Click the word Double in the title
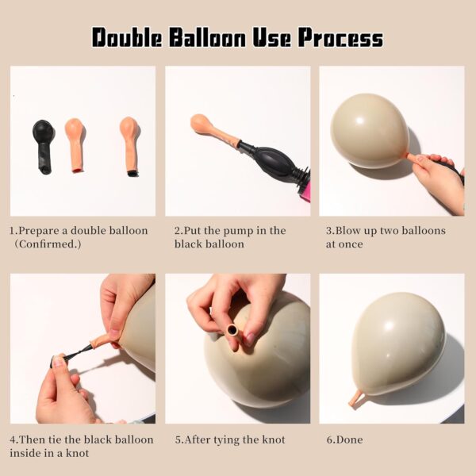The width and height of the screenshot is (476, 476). coord(127,37)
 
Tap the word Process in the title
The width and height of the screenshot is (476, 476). coord(340,37)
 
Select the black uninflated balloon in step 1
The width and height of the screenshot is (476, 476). coord(44,147)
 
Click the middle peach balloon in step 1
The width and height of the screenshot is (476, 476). coord(75,145)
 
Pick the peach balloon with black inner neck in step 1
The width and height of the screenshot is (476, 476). coord(129,146)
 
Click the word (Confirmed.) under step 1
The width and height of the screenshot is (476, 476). coord(48,244)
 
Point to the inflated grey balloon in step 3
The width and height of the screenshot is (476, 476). coord(370,131)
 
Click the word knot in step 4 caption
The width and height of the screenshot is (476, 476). coord(78,453)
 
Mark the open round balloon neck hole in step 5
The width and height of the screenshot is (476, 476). coord(232,329)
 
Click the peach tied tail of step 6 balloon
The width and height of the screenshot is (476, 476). coord(356,399)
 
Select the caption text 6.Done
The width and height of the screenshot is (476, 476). coord(344,440)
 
